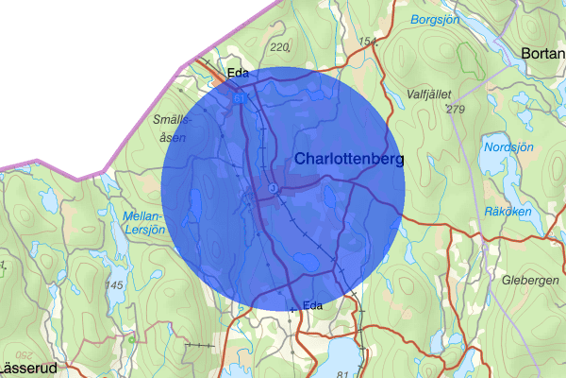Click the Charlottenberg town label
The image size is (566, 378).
point(349,159)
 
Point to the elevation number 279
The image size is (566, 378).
point(457,110)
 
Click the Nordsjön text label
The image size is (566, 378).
point(508,148)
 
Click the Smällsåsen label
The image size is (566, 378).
point(173,129)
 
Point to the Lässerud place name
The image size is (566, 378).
point(28,368)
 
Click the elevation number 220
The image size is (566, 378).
point(278,46)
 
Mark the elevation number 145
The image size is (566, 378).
point(115,284)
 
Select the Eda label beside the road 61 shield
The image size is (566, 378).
point(237,73)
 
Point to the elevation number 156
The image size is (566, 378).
point(369,42)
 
